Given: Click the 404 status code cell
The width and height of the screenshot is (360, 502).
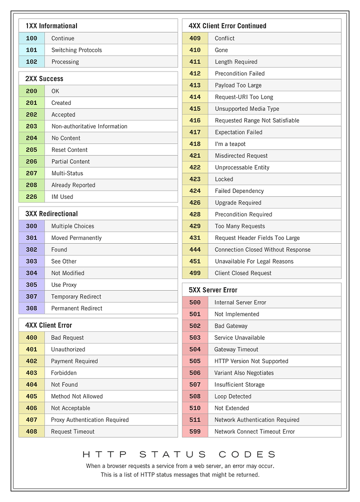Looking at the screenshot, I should pyautogui.click(x=31, y=385).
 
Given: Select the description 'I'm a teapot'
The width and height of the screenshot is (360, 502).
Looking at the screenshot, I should pyautogui.click(x=230, y=144).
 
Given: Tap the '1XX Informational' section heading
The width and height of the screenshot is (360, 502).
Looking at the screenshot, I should pyautogui.click(x=51, y=26).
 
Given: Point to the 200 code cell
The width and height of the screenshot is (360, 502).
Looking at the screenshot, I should pyautogui.click(x=31, y=91).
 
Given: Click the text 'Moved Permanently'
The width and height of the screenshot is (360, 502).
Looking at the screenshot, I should pyautogui.click(x=76, y=238).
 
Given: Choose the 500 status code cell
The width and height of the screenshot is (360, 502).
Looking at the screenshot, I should pyautogui.click(x=195, y=302).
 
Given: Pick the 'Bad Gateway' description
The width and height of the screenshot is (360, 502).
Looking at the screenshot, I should pyautogui.click(x=230, y=326).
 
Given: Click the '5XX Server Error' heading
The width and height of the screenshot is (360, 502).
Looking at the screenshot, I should pyautogui.click(x=213, y=290).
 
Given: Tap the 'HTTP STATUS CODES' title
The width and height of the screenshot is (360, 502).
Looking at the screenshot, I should pyautogui.click(x=179, y=455).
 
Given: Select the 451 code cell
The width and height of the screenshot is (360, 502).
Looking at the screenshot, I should pyautogui.click(x=195, y=261).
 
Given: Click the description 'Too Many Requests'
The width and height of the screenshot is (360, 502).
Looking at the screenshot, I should pyautogui.click(x=239, y=226).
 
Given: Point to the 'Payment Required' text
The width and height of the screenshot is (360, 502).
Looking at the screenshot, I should pyautogui.click(x=74, y=361).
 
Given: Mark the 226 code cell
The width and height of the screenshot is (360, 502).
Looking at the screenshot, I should pyautogui.click(x=31, y=197).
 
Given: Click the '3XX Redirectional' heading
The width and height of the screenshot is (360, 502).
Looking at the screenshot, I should pyautogui.click(x=51, y=214).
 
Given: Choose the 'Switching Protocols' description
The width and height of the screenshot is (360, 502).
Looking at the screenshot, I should pyautogui.click(x=76, y=50).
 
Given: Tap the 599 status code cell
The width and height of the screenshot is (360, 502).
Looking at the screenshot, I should pyautogui.click(x=195, y=432).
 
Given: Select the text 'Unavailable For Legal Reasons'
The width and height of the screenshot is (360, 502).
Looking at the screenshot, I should pyautogui.click(x=254, y=261).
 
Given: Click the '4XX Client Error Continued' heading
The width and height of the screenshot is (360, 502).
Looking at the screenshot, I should pyautogui.click(x=227, y=26).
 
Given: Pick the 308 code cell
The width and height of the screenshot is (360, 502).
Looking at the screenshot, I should pyautogui.click(x=31, y=308).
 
